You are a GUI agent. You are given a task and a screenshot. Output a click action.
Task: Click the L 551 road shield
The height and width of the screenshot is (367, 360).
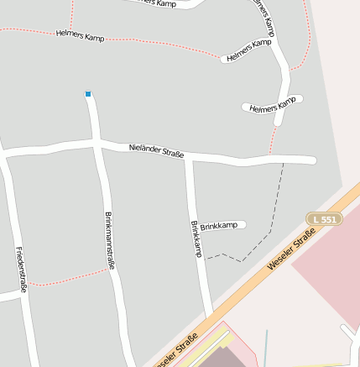coord(324,219)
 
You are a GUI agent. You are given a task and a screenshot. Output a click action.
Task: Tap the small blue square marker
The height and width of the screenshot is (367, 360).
coord(88,94)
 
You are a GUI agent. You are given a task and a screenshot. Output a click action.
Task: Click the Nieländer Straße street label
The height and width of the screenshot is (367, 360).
coord(157,150)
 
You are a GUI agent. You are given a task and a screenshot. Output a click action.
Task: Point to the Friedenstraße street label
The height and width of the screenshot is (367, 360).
coord(21,270)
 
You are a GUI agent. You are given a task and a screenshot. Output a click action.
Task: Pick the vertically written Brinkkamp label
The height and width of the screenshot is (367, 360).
coord(196,240)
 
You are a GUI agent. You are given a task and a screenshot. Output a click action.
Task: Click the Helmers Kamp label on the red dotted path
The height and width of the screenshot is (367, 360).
coord(81,36)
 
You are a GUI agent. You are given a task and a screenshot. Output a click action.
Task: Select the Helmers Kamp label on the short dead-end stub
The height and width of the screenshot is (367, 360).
coord(274,105)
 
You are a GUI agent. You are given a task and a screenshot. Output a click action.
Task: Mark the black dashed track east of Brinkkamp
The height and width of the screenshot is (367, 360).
coord(270,218)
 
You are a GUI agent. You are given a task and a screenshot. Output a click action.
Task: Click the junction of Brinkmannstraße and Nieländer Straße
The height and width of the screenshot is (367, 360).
coord(98,144)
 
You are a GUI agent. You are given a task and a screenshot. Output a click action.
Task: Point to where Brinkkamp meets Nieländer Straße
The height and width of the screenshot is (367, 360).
coord(190,157)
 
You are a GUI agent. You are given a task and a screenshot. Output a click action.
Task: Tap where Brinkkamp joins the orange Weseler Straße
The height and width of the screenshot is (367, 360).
coord(211,312)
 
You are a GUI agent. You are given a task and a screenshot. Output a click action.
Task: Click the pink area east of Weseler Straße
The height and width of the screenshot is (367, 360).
coord(327,269)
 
